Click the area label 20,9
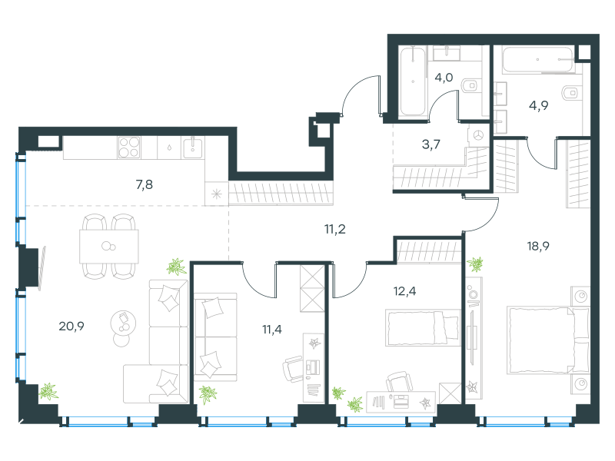pyautogui.click(x=71, y=326)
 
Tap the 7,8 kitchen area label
pyautogui.click(x=145, y=184)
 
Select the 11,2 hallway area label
pyautogui.click(x=335, y=229)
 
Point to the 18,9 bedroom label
pyautogui.click(x=538, y=246)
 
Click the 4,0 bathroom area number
pyautogui.click(x=444, y=78)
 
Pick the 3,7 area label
pyautogui.click(x=431, y=144)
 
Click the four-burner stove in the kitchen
pyautogui.click(x=129, y=148)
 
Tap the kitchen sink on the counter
pyautogui.click(x=193, y=147)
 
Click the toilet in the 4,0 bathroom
pyautogui.click(x=470, y=85)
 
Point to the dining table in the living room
pyautogui.click(x=109, y=246)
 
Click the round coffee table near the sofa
pyautogui.click(x=123, y=323)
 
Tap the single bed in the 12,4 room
pyautogui.click(x=423, y=328)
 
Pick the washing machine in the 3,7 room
pyautogui.click(x=478, y=136)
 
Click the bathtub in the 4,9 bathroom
pyautogui.click(x=538, y=60)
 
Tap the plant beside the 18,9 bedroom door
pyautogui.click(x=475, y=264)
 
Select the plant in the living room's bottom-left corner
pyautogui.click(x=48, y=391)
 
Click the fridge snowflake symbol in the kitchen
pyautogui.click(x=217, y=194)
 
